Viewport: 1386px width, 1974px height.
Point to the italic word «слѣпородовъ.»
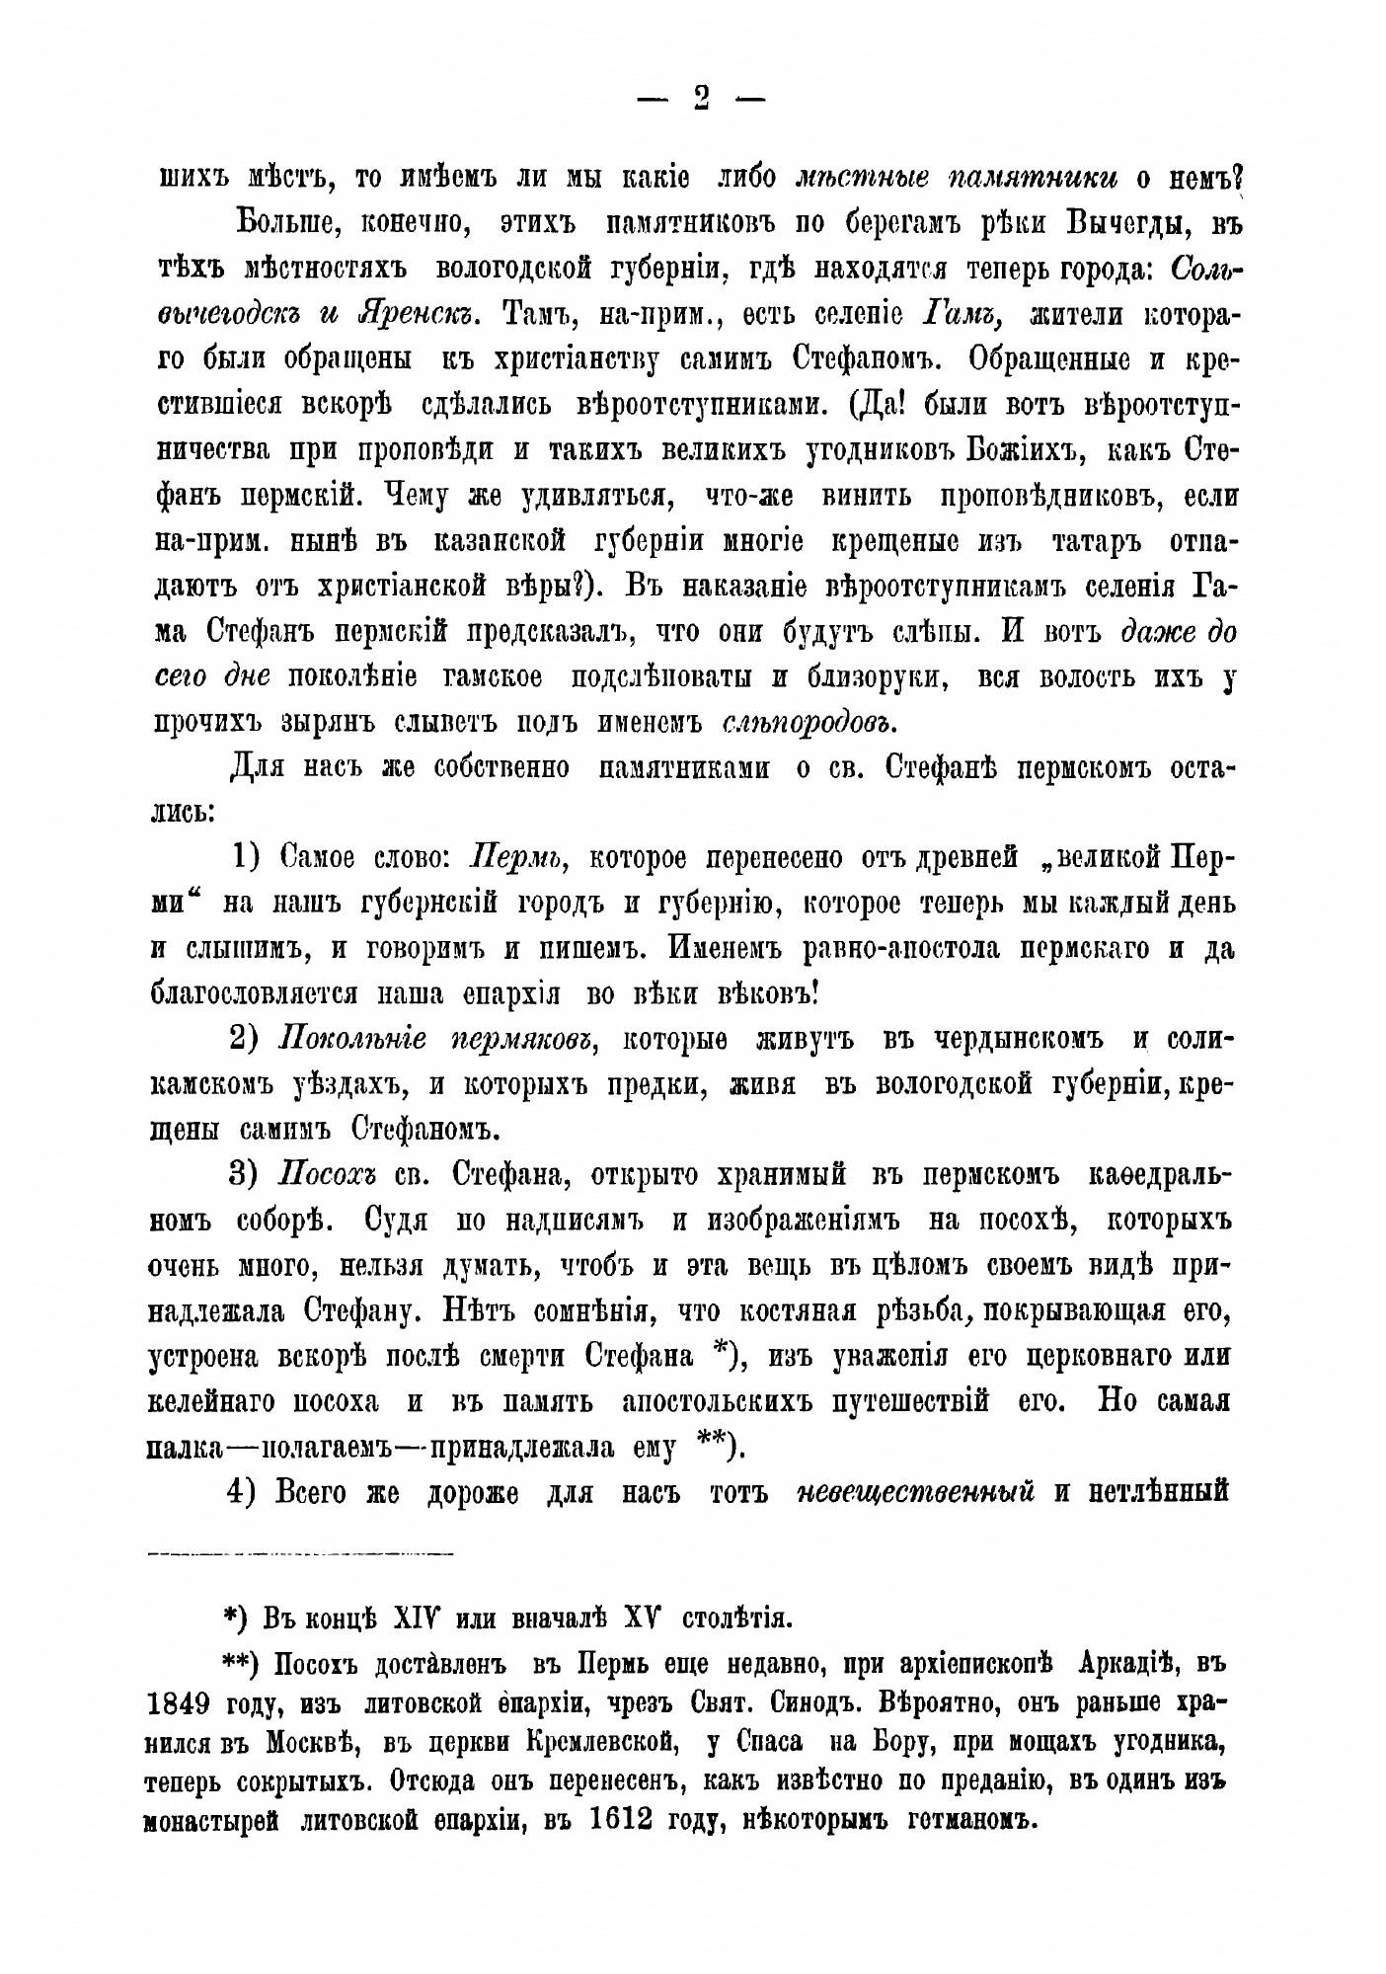(808, 723)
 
